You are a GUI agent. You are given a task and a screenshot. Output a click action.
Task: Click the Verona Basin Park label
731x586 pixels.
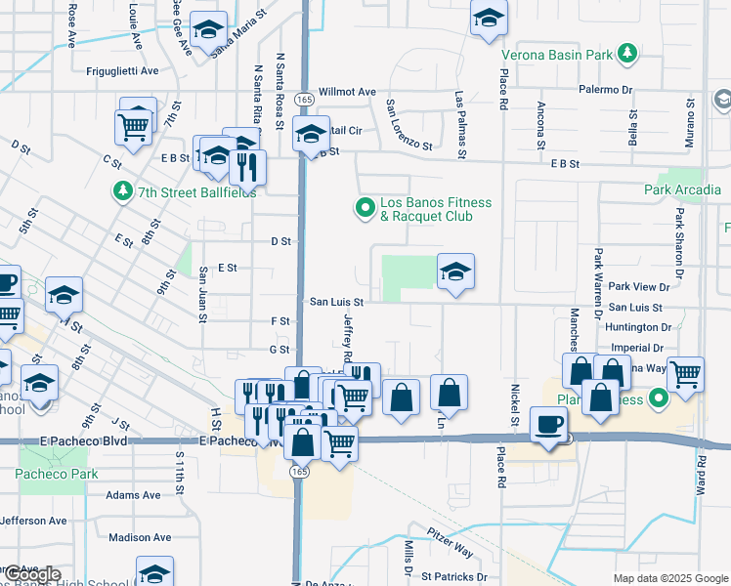click(x=557, y=55)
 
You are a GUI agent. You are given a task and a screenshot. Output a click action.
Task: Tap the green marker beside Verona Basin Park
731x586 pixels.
click(x=627, y=55)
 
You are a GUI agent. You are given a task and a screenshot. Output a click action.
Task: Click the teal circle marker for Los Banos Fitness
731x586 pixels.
click(x=365, y=207)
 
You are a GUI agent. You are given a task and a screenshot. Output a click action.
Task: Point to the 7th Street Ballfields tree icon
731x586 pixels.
click(x=123, y=190)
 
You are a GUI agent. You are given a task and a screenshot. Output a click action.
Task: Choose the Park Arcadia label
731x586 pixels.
click(x=680, y=189)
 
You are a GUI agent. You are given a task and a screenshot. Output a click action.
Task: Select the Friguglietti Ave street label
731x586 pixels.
click(x=122, y=71)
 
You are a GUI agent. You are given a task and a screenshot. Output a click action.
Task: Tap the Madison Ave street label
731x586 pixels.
click(x=140, y=537)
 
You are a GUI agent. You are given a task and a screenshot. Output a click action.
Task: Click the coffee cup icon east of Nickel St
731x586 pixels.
click(x=548, y=424)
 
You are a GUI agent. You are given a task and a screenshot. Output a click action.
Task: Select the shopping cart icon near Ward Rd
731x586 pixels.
click(x=686, y=371)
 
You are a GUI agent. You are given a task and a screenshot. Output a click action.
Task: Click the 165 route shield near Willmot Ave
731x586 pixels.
click(x=305, y=100)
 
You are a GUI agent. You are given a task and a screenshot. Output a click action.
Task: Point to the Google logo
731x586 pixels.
click(x=32, y=575)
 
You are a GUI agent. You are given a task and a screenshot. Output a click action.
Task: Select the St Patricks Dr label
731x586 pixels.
click(x=455, y=577)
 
